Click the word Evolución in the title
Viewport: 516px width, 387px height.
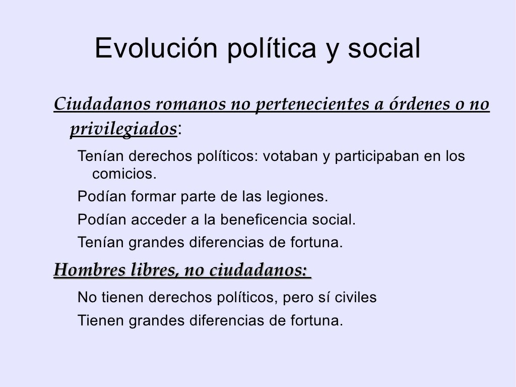coord(156,48)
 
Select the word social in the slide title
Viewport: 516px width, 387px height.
coord(384,48)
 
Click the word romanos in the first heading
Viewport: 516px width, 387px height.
coord(190,104)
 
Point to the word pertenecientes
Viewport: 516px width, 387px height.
coord(312,104)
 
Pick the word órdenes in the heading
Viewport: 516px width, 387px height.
coord(417,103)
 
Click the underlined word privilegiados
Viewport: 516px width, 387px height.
coord(124,129)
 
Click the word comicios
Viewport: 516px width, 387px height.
coord(124,174)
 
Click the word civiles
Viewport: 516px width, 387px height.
coord(355,297)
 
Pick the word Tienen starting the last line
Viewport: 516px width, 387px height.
coord(100,320)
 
